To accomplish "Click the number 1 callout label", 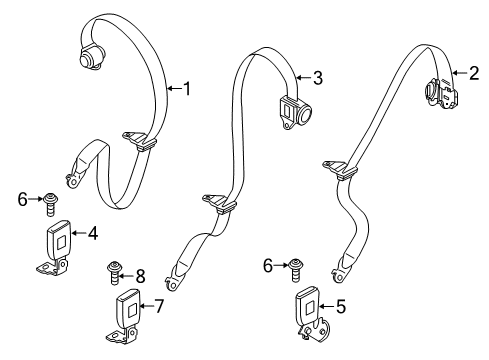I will point(186,88).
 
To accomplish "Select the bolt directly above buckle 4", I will point(49,202).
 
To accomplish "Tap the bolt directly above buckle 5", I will point(296,267).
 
